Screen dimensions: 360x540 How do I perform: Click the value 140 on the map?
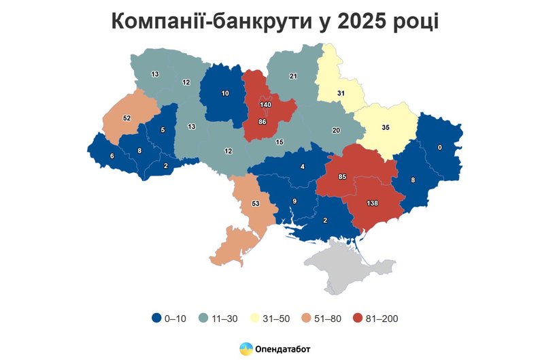click(x=266, y=105)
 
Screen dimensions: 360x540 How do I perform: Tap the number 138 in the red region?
click(x=372, y=203)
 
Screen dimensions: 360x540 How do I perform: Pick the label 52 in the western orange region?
click(x=126, y=118)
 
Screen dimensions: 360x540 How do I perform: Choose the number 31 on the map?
click(x=341, y=93)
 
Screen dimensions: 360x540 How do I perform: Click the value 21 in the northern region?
click(x=293, y=76)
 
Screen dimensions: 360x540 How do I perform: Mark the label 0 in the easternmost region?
click(x=440, y=147)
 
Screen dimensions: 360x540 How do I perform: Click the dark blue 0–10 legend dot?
click(x=156, y=318)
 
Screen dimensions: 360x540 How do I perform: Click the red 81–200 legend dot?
click(x=358, y=318)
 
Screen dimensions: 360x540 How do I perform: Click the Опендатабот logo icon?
click(x=246, y=348)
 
